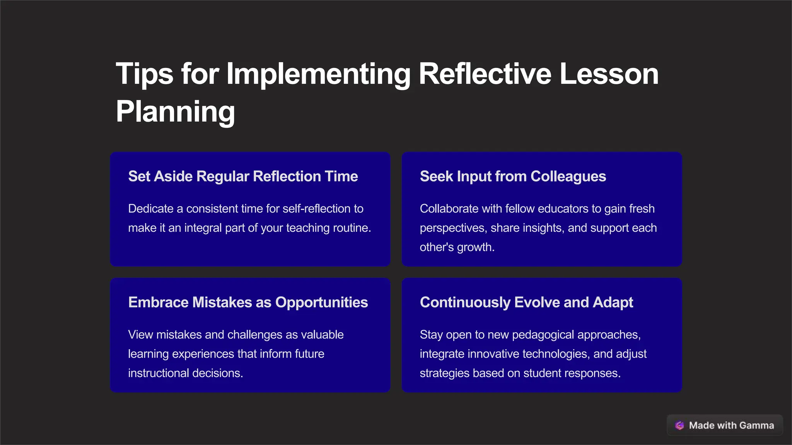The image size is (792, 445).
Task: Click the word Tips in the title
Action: (144, 74)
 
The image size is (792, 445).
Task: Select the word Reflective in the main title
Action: (485, 74)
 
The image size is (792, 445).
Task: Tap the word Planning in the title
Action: (175, 112)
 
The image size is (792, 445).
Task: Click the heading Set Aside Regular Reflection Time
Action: (243, 177)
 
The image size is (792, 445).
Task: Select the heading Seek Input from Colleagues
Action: (513, 177)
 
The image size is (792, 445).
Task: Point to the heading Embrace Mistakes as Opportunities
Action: (248, 302)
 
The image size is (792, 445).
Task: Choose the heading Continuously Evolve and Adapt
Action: (526, 302)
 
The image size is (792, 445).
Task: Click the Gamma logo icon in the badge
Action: (679, 425)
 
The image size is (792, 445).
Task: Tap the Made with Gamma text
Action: (731, 425)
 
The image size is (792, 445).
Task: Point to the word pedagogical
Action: (543, 335)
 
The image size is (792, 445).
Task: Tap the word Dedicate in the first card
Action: (151, 209)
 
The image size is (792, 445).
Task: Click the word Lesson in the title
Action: (609, 74)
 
